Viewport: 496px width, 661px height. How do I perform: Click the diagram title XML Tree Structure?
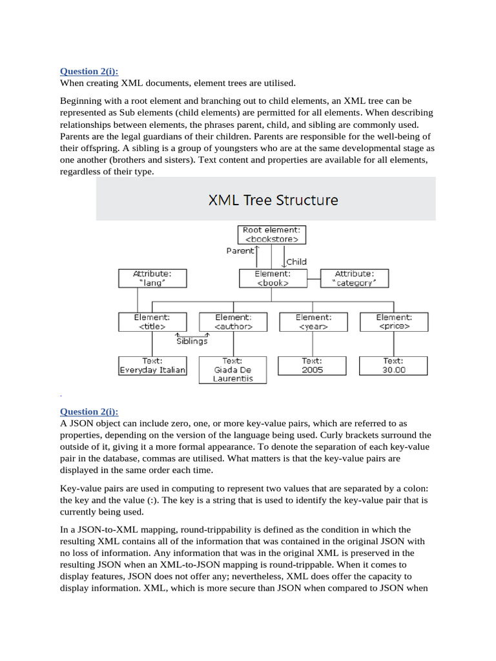[273, 199]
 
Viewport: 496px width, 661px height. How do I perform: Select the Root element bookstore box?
[271, 234]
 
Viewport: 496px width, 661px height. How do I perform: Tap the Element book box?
[272, 278]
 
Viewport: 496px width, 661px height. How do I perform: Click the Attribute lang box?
[152, 278]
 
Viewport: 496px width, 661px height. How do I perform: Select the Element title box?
[152, 322]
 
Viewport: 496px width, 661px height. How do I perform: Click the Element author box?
[232, 322]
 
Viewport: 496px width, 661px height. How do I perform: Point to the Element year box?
[313, 322]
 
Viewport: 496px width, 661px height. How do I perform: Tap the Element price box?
[393, 322]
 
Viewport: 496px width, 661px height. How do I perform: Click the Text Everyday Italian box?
[152, 366]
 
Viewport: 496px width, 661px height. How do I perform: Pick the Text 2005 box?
[313, 366]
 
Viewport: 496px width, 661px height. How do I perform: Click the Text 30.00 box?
[393, 366]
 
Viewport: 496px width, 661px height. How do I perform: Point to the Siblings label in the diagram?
[191, 341]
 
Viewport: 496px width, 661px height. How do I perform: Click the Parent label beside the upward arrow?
[240, 250]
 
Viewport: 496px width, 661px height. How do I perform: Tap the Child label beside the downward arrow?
[296, 261]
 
